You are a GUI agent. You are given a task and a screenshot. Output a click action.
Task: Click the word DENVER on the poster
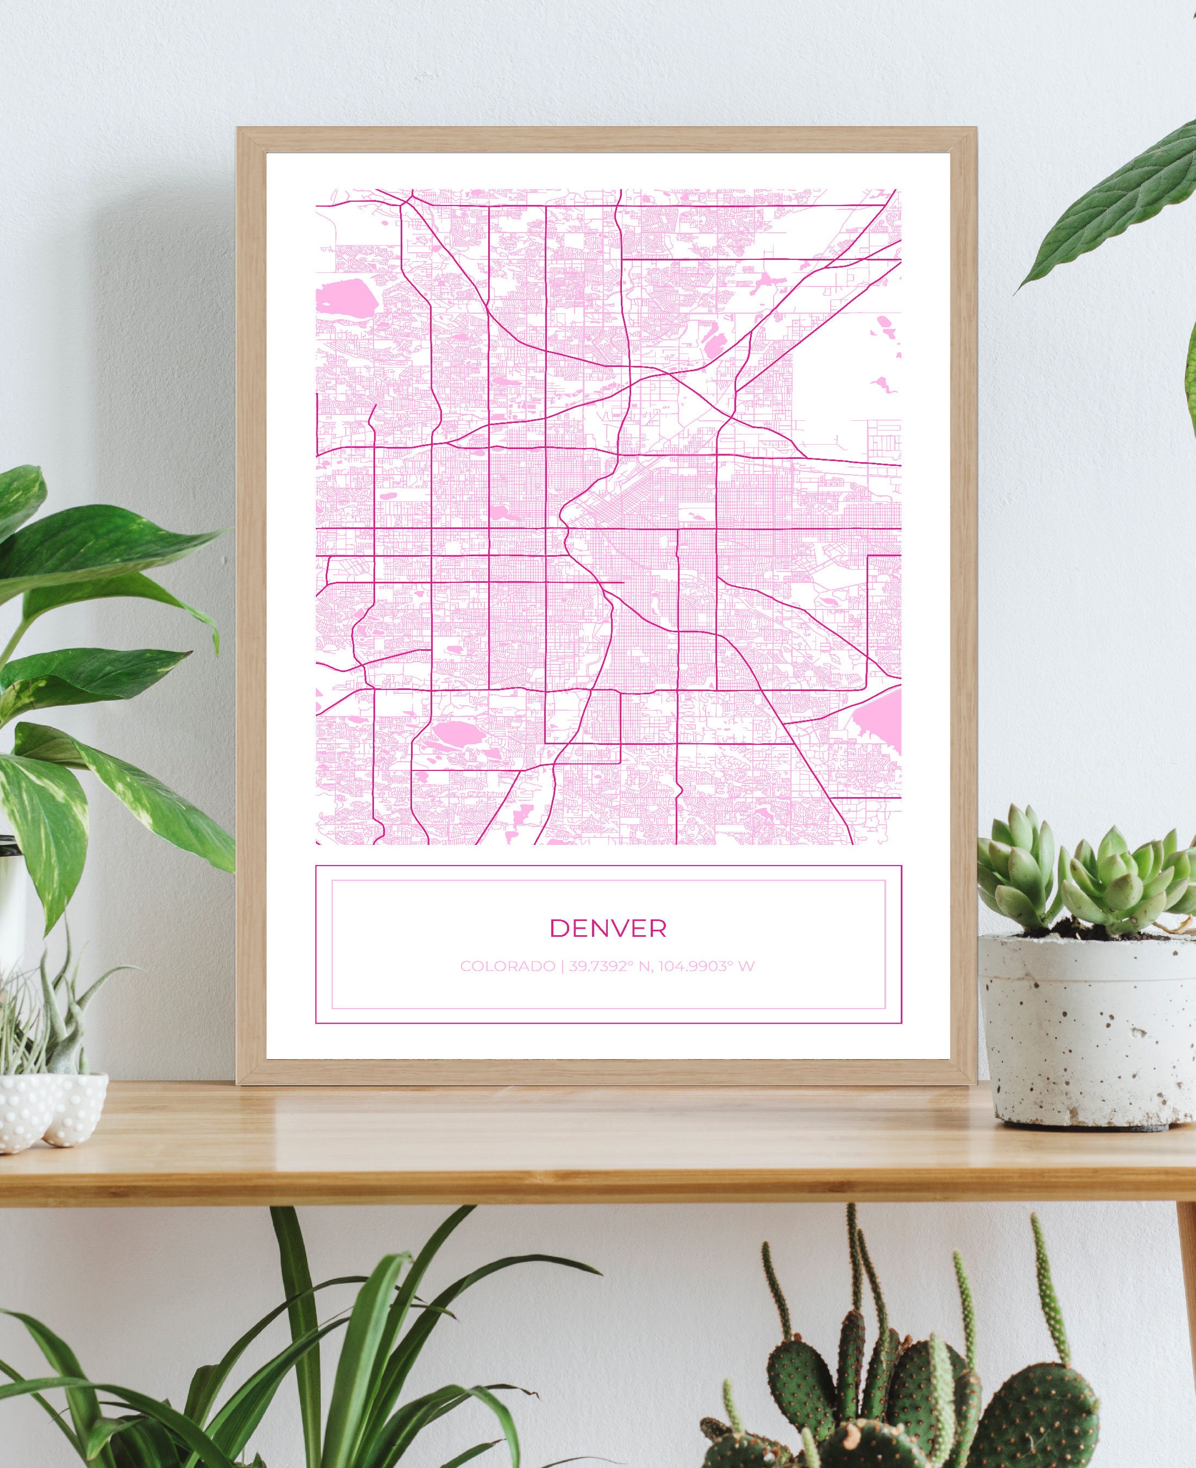pyautogui.click(x=608, y=928)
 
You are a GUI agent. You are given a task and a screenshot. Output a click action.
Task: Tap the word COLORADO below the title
pyautogui.click(x=507, y=966)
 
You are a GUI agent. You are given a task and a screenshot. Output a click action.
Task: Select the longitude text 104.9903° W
pyautogui.click(x=706, y=966)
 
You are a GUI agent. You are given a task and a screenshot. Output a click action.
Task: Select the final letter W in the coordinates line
pyautogui.click(x=747, y=966)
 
